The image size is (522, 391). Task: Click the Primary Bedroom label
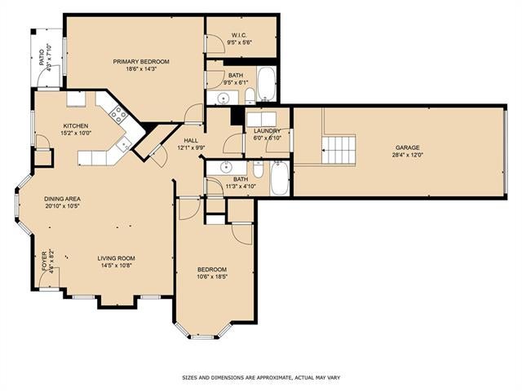141,62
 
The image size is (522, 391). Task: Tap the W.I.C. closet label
239,35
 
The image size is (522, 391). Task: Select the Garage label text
408,147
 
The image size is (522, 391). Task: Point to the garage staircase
338,149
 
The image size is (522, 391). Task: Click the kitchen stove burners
119,114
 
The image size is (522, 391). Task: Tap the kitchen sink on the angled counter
125,143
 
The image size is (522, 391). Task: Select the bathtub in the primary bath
267,84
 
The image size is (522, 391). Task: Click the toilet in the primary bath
250,96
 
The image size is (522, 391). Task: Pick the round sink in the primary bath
223,99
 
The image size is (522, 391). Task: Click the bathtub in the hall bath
279,178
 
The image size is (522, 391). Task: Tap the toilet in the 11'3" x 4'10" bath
258,169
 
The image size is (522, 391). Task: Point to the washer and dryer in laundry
261,120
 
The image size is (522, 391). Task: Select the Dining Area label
62,199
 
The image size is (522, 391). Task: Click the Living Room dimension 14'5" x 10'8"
116,266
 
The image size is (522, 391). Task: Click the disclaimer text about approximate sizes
261,378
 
